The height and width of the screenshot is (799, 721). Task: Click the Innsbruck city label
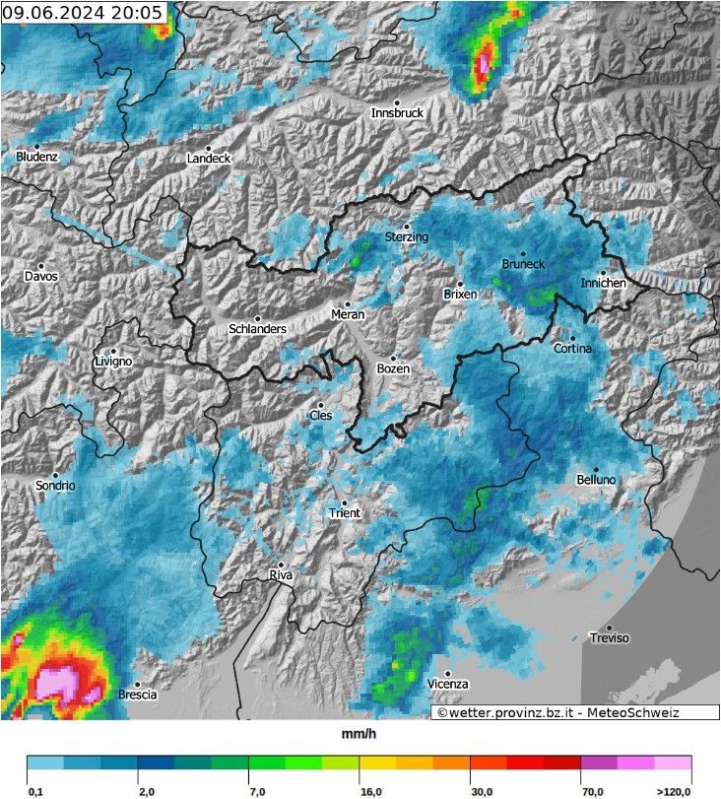[397, 113]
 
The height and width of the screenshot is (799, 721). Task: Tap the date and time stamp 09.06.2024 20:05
[82, 13]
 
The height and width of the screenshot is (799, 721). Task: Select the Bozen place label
[393, 369]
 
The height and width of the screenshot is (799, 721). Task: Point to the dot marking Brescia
[137, 684]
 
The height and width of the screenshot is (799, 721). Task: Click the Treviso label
[609, 638]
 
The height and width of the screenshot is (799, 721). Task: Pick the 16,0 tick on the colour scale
[371, 791]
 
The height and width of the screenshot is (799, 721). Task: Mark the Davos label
[41, 277]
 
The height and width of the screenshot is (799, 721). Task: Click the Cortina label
[572, 349]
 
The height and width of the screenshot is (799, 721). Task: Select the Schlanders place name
[257, 329]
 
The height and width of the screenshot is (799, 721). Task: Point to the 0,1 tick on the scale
[35, 791]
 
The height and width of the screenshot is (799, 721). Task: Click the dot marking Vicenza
[446, 673]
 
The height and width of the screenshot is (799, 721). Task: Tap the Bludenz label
[37, 157]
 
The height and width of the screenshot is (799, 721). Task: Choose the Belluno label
[596, 480]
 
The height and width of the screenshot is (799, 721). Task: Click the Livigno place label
[112, 362]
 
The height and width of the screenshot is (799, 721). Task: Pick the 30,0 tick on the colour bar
[483, 791]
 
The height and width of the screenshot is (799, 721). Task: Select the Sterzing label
[407, 237]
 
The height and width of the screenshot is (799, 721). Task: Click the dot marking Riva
[281, 565]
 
